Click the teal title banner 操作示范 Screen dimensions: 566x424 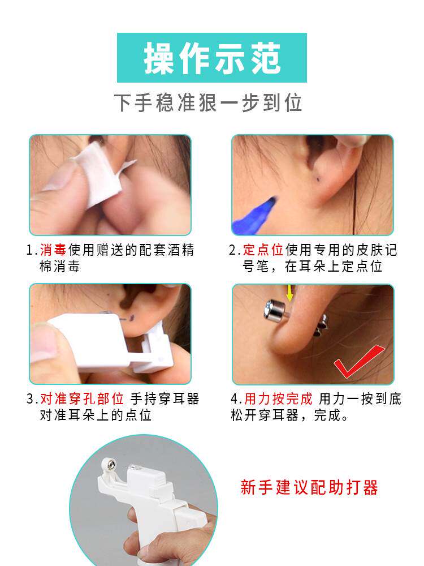[x=212, y=58]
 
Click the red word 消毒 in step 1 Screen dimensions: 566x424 [x=54, y=250]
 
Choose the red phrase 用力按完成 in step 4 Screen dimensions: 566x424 [x=278, y=399]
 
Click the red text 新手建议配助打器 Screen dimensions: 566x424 [x=309, y=487]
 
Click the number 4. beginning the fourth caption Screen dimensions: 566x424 [x=236, y=399]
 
